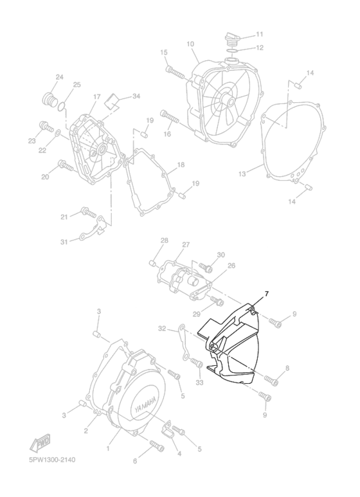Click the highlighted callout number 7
(x=267, y=294)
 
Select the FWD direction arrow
(x=40, y=441)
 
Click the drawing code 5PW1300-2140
(x=50, y=460)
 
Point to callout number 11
(x=260, y=34)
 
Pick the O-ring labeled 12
(x=233, y=51)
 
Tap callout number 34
(x=136, y=96)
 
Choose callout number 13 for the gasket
(x=242, y=174)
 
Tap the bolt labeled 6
(x=157, y=446)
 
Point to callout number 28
(x=164, y=240)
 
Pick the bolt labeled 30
(x=206, y=268)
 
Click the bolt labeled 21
(x=89, y=212)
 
